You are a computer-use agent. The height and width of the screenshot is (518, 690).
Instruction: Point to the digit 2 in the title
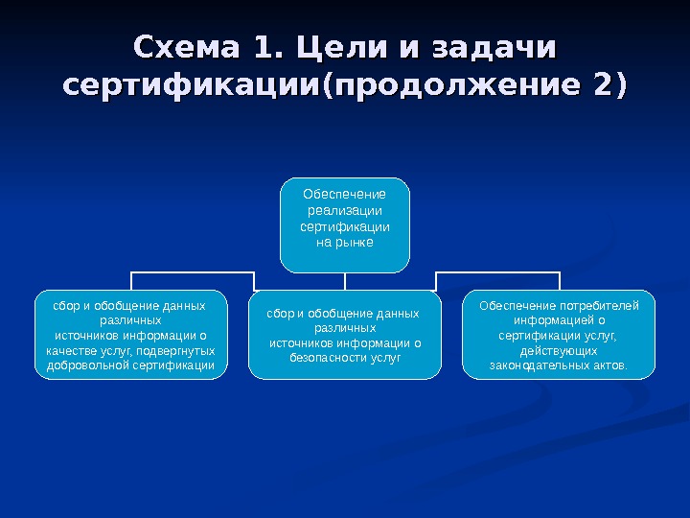tap(602, 84)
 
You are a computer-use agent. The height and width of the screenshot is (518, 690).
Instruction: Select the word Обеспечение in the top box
tap(345, 195)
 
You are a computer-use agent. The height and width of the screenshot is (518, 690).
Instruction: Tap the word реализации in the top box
tap(345, 211)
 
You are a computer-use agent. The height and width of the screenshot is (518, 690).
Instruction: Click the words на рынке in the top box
tap(345, 243)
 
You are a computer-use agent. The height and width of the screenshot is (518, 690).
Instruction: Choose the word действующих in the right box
tap(560, 351)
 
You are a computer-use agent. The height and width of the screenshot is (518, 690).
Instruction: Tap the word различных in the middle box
tap(345, 328)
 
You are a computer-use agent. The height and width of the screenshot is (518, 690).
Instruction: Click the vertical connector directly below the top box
tap(345, 280)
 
